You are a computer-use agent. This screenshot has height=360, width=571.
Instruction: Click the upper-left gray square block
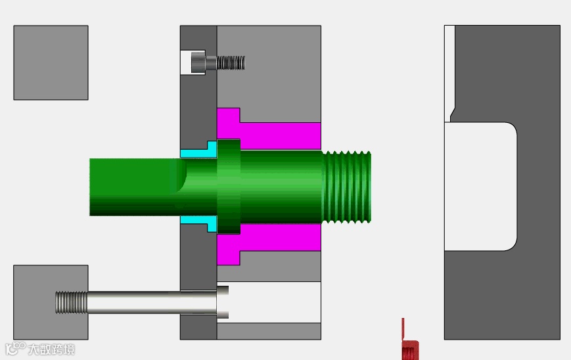(x=51, y=62)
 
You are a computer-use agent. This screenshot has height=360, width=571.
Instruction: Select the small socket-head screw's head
(x=198, y=62)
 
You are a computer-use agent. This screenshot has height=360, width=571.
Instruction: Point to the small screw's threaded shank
(x=231, y=62)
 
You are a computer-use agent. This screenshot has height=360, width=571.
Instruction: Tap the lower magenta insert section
(x=269, y=240)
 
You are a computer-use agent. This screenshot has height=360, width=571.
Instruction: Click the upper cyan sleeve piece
(x=199, y=150)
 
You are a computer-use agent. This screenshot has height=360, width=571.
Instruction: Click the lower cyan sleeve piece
(x=199, y=223)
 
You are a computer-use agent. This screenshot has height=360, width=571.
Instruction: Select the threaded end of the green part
(x=347, y=187)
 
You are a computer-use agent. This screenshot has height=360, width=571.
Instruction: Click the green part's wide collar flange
(x=229, y=187)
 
